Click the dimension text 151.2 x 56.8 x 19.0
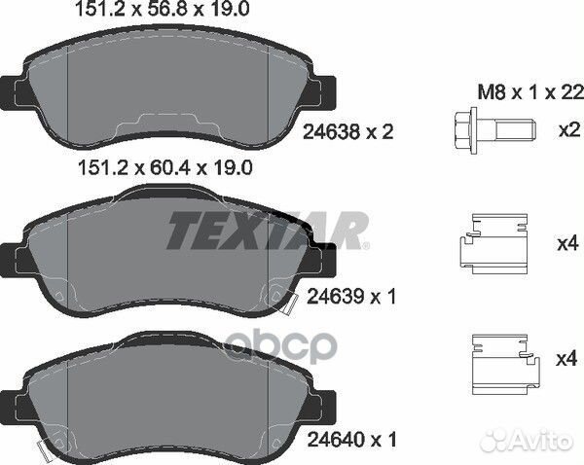pos(162,9)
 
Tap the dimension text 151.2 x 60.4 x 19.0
pos(165,168)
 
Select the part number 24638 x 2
pos(347,131)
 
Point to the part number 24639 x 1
pos(351,297)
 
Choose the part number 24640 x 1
pos(351,440)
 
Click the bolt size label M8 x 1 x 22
pos(530,92)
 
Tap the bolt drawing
pos(495,131)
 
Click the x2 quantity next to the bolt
pos(569,130)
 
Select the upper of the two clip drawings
pos(493,244)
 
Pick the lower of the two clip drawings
pos(505,364)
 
